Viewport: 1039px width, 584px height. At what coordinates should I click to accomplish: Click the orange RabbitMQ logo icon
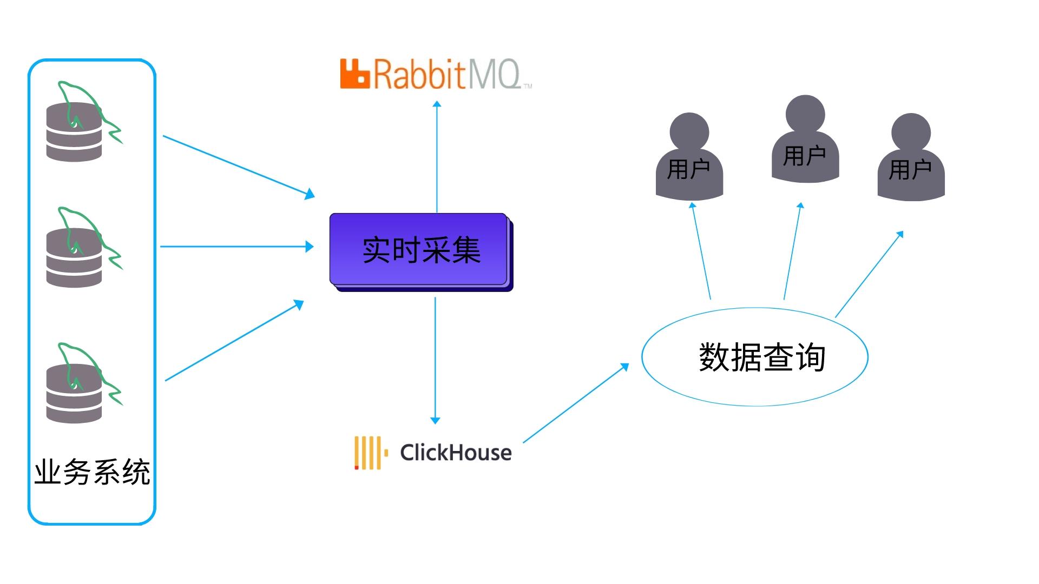(x=354, y=74)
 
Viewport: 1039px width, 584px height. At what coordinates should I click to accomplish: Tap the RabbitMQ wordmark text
(x=446, y=75)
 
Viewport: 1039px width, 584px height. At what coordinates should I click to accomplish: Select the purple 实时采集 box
(x=419, y=250)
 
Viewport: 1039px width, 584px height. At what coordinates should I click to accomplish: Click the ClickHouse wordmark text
(x=456, y=453)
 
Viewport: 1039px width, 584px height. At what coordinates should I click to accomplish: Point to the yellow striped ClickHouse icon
(x=370, y=453)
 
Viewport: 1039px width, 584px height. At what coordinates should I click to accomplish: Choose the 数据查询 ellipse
(x=755, y=357)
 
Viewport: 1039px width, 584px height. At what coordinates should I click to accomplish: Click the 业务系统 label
(x=92, y=472)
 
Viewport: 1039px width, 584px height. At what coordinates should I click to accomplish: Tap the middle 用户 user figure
(x=805, y=141)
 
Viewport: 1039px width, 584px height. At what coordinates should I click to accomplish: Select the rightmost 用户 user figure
(x=911, y=158)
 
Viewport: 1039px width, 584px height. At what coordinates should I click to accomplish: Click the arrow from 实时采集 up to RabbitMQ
(x=437, y=157)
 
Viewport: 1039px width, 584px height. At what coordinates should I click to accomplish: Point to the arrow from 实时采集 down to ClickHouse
(x=435, y=360)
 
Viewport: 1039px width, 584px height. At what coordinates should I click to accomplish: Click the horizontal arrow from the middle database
(x=236, y=247)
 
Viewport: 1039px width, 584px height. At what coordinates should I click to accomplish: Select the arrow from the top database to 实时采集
(x=238, y=166)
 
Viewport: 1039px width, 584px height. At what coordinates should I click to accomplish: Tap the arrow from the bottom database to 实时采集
(x=234, y=341)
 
